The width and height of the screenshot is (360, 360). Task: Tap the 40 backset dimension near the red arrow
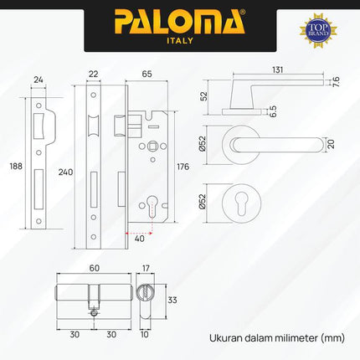[x=138, y=239]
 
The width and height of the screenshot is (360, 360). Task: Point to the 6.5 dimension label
[x=249, y=108]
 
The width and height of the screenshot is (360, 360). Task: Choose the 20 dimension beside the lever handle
[x=332, y=143]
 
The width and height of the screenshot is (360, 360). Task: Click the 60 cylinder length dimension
[x=94, y=270]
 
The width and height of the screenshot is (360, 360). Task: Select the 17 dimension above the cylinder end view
[x=147, y=270]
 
